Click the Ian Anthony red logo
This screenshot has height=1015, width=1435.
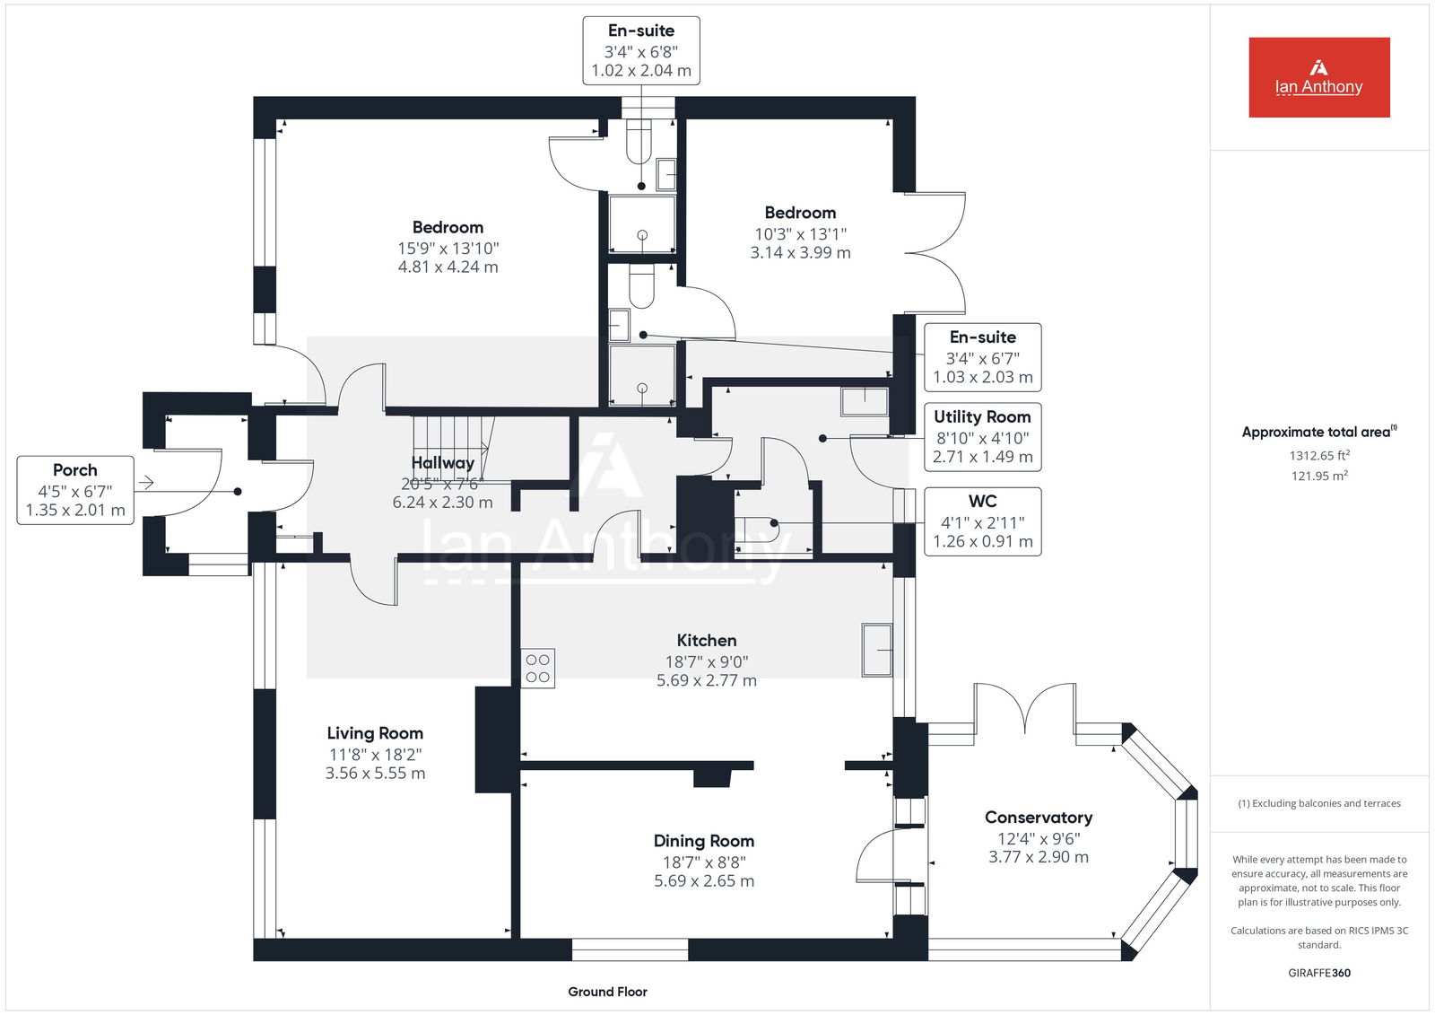click(1319, 77)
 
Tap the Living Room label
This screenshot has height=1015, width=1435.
click(375, 733)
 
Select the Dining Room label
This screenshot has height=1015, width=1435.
click(703, 841)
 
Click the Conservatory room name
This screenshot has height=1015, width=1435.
click(1039, 817)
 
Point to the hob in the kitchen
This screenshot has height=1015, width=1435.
click(537, 668)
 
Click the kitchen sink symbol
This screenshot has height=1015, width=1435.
click(877, 650)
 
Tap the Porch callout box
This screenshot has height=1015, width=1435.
click(75, 490)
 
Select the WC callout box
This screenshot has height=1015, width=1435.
click(982, 521)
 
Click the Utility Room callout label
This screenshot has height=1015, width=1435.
click(982, 416)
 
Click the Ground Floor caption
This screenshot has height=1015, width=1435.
click(607, 992)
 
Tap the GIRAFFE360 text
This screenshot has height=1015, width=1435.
click(1319, 973)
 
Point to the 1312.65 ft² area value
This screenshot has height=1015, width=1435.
click(1319, 455)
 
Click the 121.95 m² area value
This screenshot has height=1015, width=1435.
click(1319, 476)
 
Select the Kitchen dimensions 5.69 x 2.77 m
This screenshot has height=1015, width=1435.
click(706, 680)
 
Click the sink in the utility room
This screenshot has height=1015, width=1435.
click(865, 402)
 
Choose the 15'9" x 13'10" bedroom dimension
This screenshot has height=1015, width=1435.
click(448, 248)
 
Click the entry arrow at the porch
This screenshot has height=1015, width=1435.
click(146, 482)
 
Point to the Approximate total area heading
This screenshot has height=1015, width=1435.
click(1319, 432)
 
